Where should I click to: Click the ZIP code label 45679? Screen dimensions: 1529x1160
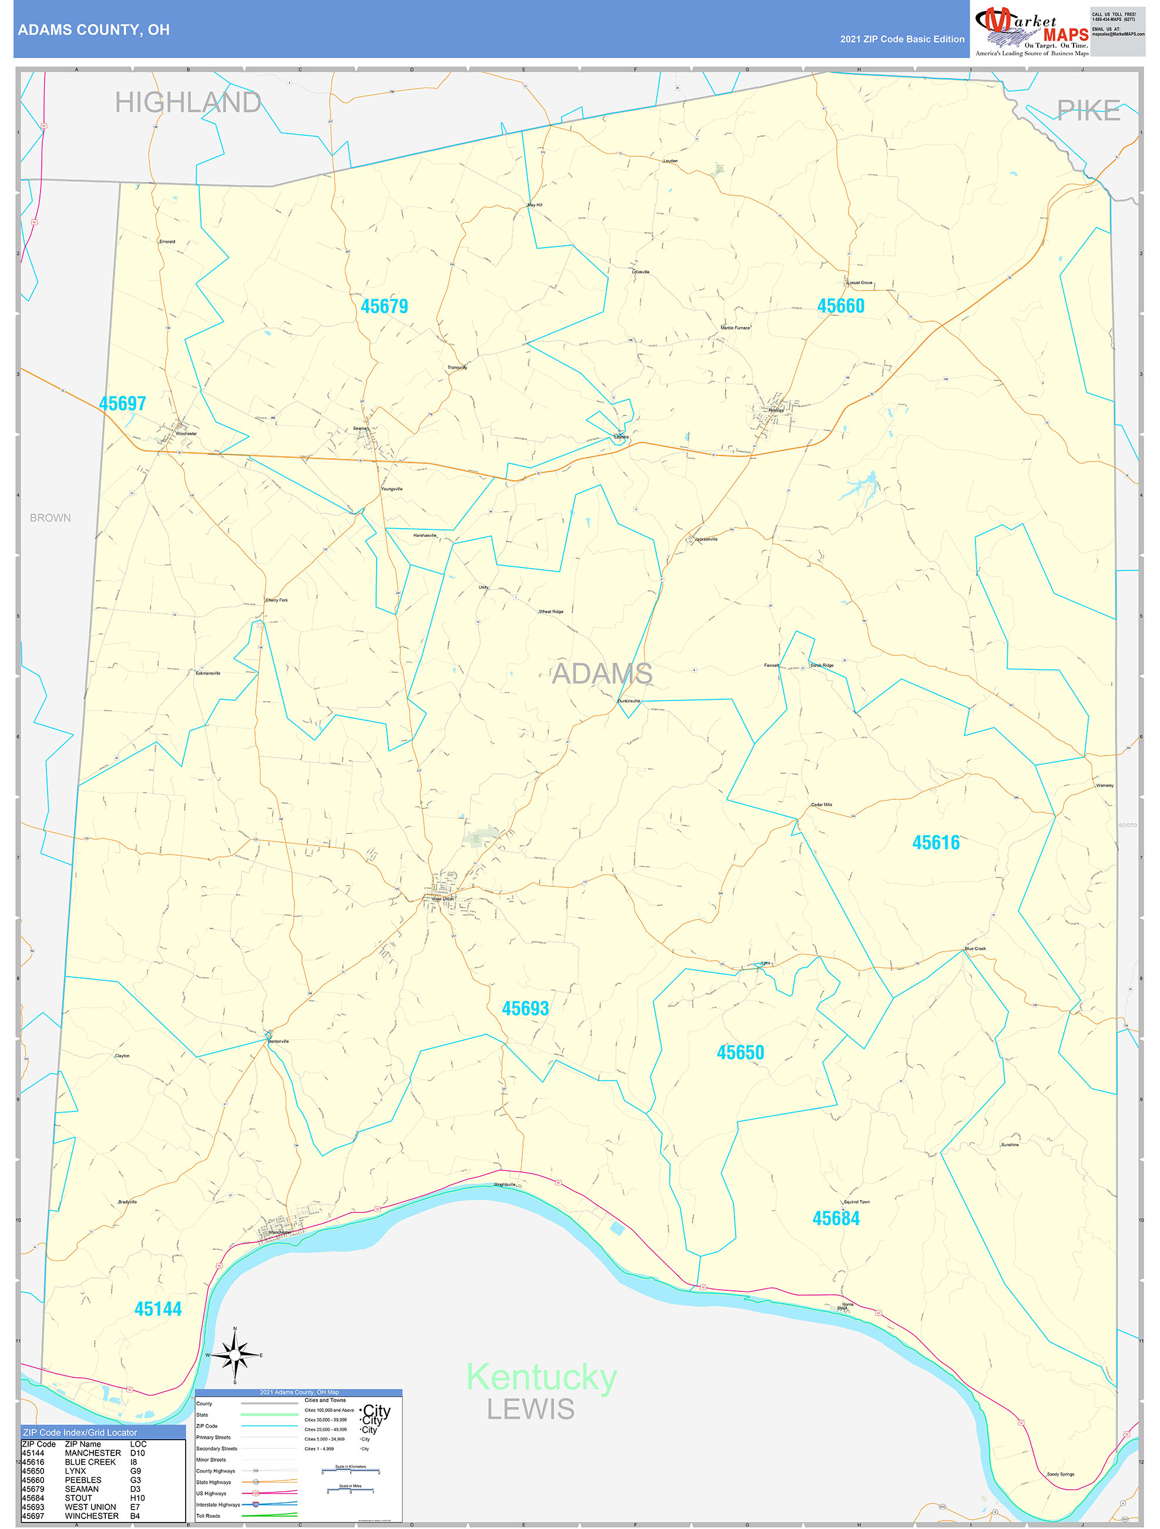pos(384,306)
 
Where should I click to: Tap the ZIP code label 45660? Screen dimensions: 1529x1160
pos(840,306)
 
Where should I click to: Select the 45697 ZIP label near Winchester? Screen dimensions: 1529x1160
pos(122,403)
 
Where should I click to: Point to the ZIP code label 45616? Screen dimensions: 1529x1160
pos(936,842)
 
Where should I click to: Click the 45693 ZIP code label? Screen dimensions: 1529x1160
pos(525,1008)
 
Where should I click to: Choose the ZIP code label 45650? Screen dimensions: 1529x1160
pos(740,1052)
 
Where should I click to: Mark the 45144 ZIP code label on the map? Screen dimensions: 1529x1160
pos(157,1308)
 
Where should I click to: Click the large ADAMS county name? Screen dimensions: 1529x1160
pos(602,673)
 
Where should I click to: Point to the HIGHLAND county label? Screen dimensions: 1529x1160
pos(188,102)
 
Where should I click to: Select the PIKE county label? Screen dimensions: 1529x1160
pos(1088,111)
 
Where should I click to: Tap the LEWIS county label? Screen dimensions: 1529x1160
pos(531,1408)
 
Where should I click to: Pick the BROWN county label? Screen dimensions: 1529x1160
pos(50,518)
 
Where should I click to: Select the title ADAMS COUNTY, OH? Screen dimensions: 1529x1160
pos(94,30)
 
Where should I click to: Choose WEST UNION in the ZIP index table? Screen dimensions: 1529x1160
pos(90,1506)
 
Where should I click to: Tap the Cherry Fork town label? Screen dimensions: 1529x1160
pos(276,600)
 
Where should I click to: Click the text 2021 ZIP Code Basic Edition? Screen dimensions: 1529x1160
pos(901,39)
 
